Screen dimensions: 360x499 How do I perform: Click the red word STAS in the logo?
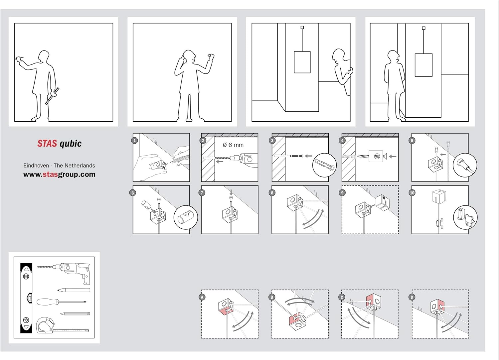coord(47,144)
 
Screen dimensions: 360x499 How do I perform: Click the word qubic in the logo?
coord(71,144)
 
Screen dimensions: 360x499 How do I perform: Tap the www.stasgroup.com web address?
coord(59,175)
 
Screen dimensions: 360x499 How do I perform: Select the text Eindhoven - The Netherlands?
coord(59,166)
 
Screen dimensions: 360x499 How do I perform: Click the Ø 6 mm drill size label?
coord(233,145)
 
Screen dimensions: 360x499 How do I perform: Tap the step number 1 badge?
coord(134,141)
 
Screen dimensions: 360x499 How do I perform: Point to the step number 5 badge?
coord(412,141)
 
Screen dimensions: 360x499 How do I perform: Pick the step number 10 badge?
coord(412,193)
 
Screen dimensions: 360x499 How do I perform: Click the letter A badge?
coord(202,297)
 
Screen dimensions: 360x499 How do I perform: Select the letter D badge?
coord(412,297)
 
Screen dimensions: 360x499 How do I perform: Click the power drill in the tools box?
coord(72,270)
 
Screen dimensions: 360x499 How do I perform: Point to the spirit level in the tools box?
coord(26,298)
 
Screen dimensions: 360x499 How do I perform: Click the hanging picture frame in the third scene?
coord(302,62)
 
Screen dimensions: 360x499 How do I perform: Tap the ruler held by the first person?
coord(52,96)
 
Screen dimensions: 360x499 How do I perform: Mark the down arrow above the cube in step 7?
coord(231,192)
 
